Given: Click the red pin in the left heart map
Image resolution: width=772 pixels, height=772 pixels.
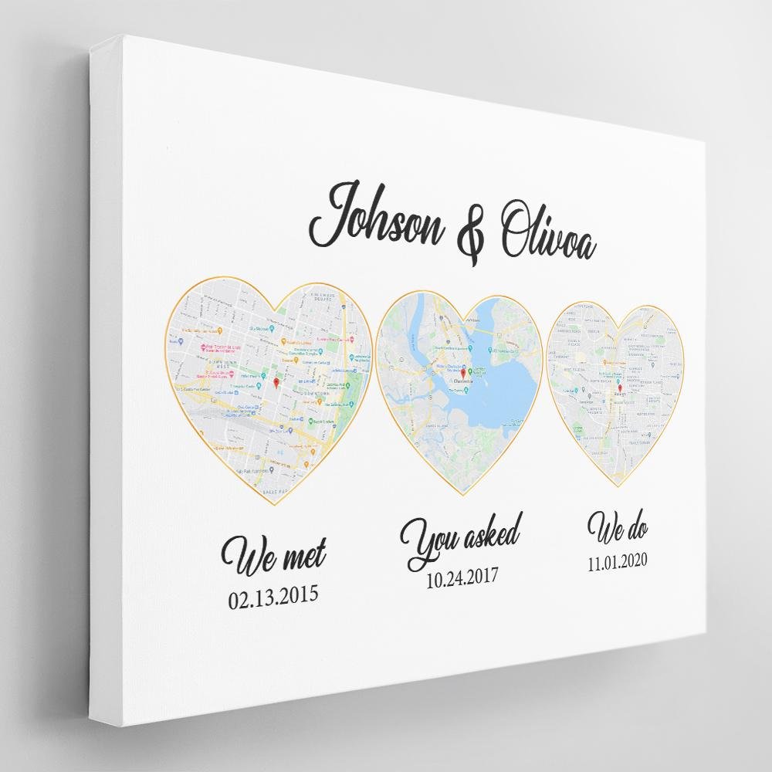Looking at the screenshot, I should coord(277,382).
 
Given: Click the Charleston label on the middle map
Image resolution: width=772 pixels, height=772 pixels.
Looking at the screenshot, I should coord(462,381).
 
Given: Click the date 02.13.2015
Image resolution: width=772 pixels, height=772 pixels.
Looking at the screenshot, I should coord(273,597).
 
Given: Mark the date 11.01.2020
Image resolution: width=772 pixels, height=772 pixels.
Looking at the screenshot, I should coord(618,561).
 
